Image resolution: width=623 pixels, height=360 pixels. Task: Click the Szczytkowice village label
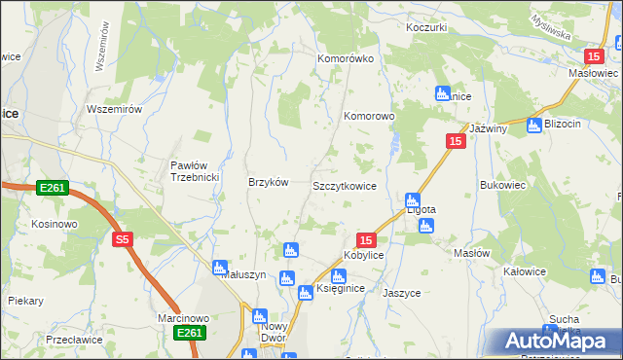tap(344, 186)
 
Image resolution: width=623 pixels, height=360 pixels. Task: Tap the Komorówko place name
tap(346, 58)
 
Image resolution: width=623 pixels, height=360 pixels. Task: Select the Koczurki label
tap(426, 27)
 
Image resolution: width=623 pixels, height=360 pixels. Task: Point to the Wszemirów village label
tap(115, 109)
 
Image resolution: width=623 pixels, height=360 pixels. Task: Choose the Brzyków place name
tap(269, 182)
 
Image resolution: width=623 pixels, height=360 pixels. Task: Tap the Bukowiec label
tap(503, 184)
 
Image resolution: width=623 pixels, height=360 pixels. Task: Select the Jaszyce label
tap(401, 292)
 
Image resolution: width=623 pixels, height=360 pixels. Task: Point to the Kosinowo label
tap(54, 224)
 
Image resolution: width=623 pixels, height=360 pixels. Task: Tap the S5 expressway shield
tap(122, 239)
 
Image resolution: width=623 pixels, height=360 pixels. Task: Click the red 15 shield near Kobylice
tap(365, 239)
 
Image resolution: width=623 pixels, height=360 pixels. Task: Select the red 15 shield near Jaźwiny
tap(456, 142)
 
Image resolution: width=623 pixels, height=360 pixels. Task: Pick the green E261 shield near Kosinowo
tap(53, 187)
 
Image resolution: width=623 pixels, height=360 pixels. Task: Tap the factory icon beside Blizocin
tap(533, 125)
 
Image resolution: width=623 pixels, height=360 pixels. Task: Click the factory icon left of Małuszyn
tap(220, 267)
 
